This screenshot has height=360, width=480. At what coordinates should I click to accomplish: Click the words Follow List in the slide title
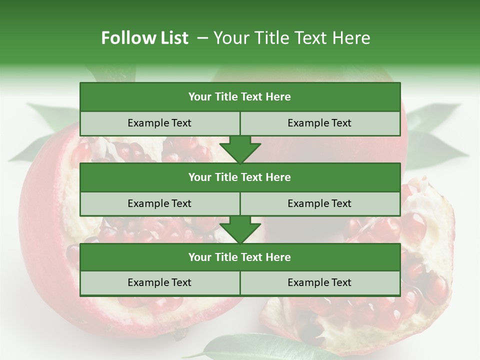[x=144, y=38]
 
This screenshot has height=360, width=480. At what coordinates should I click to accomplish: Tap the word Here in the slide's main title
[x=351, y=38]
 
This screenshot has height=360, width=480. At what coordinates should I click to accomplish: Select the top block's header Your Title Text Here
[x=239, y=97]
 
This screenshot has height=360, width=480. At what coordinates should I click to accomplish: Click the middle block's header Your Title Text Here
[x=239, y=177]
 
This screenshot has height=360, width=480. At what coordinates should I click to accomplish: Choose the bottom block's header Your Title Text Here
[x=239, y=257]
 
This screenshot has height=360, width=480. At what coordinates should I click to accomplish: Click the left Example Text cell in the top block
[x=159, y=123]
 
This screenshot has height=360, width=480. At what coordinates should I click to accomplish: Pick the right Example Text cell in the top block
[x=319, y=123]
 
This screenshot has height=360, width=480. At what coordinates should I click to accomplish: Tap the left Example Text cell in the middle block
[x=159, y=203]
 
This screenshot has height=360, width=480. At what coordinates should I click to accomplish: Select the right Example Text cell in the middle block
[x=319, y=203]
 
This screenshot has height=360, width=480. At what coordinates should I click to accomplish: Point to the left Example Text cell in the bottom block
[x=159, y=282]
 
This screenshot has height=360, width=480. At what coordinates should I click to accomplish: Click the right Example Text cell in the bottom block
[x=319, y=282]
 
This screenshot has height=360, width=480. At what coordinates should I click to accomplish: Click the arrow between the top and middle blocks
[x=240, y=149]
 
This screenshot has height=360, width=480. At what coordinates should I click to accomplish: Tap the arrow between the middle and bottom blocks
[x=240, y=230]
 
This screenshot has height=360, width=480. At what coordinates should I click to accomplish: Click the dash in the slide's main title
[x=202, y=38]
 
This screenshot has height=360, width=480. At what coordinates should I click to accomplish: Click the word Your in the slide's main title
[x=230, y=38]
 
